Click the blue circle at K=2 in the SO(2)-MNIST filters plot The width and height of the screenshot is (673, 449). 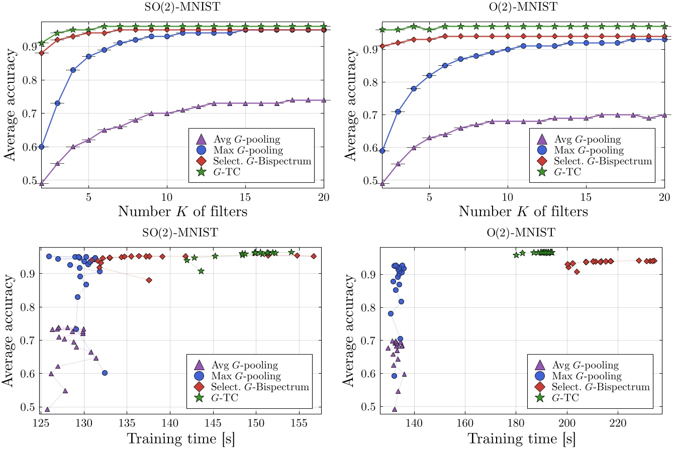(42, 147)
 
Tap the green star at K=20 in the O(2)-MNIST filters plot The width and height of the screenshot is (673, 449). (664, 26)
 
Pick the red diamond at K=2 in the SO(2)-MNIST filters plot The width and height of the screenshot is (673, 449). (42, 53)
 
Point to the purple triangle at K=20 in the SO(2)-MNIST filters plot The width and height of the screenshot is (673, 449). (323, 100)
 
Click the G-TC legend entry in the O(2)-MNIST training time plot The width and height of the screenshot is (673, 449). (565, 398)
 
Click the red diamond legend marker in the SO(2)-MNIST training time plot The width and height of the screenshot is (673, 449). (199, 387)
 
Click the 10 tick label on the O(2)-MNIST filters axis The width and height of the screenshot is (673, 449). (508, 197)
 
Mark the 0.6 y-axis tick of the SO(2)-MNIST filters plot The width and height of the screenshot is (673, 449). (29, 147)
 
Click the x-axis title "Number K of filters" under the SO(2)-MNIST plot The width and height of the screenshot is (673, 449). (182, 211)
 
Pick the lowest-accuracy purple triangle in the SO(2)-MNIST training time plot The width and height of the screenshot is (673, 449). (47, 410)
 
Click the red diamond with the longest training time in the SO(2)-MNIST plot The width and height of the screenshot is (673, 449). (314, 256)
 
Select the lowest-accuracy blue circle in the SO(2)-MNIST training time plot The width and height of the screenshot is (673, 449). (105, 373)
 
